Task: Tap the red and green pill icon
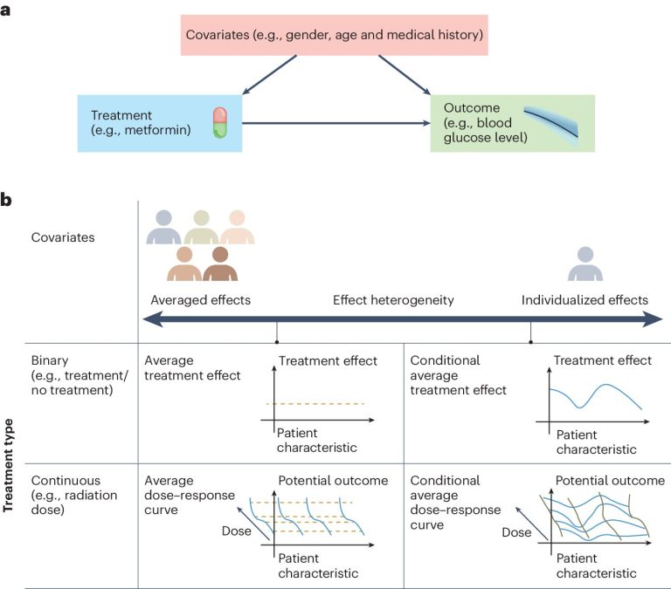point(218,123)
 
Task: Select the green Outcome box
point(512,123)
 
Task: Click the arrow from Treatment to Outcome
point(335,124)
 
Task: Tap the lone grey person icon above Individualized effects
point(585,264)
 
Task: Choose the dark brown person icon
point(219,264)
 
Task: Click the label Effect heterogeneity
point(393,300)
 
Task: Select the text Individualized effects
point(585,300)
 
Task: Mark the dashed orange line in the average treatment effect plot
point(315,403)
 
